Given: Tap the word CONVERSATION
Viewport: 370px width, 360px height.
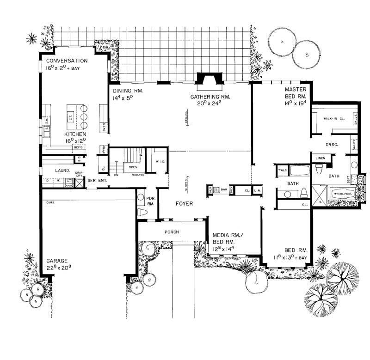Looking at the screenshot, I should coord(67,61).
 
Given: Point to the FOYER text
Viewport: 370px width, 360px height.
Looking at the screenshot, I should coord(184,203).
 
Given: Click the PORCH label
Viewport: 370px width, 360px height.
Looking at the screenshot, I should coord(170,232).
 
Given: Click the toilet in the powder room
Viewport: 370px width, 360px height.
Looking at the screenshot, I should coord(142,213).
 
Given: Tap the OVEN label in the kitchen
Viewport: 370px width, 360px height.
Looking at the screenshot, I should coord(105,128).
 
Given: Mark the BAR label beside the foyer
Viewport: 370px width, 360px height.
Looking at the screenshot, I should coord(224,189).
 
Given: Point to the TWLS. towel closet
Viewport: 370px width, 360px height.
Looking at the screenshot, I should coord(283,170).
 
